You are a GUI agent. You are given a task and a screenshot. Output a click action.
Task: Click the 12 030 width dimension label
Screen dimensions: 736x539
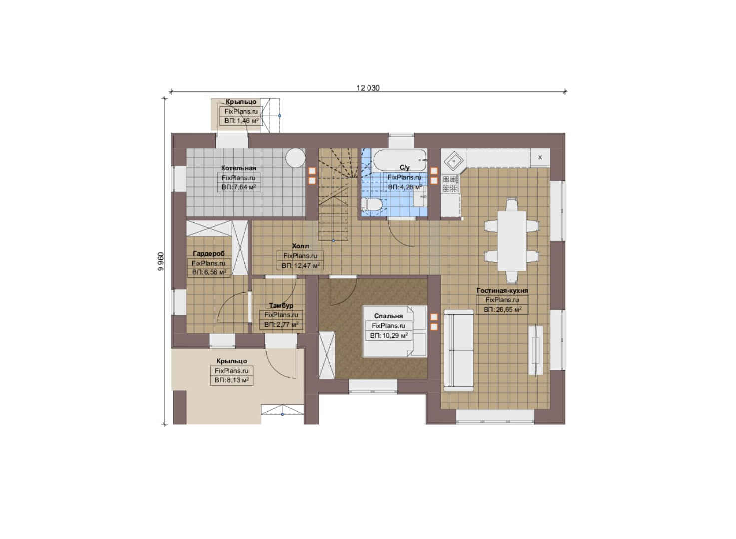(x=368, y=88)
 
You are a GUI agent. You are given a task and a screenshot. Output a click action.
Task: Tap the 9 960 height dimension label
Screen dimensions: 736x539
(x=160, y=262)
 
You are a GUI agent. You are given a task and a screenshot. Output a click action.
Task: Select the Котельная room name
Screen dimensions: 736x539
(x=238, y=168)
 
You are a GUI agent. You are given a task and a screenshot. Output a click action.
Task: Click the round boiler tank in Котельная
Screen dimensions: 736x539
(x=295, y=158)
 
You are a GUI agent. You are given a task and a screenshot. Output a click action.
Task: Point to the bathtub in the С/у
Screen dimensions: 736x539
(x=400, y=160)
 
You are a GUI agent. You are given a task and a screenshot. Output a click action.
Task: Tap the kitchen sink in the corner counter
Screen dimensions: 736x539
(x=454, y=161)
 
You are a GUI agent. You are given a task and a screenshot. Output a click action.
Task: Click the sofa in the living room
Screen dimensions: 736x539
(x=459, y=350)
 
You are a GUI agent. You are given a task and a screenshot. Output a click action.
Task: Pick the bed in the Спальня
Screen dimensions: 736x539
(x=394, y=331)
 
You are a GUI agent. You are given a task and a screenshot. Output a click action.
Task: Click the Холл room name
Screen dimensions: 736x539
(x=300, y=246)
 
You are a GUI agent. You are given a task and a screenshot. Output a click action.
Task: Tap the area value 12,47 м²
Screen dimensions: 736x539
(x=300, y=265)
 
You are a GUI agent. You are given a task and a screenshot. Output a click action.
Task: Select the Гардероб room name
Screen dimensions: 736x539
(x=209, y=253)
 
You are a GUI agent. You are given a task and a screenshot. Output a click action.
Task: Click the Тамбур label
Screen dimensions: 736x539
(x=281, y=305)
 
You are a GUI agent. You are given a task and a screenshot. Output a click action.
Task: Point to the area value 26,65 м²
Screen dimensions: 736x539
(x=502, y=310)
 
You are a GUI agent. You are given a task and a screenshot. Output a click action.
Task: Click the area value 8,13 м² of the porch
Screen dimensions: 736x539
(x=232, y=380)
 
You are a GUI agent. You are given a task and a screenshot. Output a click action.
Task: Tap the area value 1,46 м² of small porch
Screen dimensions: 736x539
(x=241, y=121)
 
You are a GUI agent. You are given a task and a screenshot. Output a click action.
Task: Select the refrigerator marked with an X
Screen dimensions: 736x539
(x=540, y=158)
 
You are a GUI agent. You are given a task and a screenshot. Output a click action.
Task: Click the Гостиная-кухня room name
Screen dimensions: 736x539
(x=502, y=290)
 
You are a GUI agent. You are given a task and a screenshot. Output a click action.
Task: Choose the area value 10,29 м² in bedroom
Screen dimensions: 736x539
(x=389, y=336)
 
